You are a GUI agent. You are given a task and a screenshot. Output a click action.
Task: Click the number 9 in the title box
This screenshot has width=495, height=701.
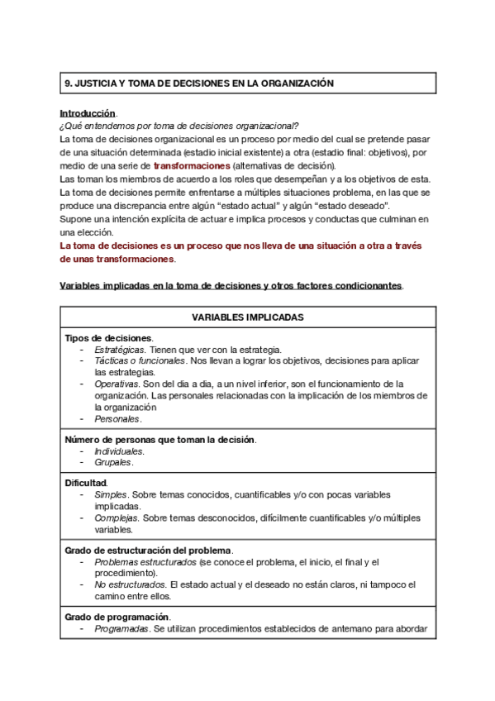(x=69, y=83)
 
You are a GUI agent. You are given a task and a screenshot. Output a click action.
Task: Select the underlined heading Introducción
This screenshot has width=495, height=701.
(x=88, y=112)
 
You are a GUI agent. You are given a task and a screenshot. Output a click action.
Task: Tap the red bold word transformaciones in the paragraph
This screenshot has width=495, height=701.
(x=192, y=165)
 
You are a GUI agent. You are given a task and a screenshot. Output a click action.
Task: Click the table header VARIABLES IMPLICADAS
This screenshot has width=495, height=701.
(x=248, y=317)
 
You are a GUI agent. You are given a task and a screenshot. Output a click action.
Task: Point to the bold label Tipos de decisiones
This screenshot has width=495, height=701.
(x=108, y=337)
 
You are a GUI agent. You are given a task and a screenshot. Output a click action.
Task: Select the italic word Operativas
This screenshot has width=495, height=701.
(x=116, y=384)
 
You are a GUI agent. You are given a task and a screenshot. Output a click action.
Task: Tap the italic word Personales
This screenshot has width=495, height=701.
(x=117, y=418)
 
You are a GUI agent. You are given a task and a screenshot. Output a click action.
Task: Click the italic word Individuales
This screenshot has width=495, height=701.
(x=119, y=451)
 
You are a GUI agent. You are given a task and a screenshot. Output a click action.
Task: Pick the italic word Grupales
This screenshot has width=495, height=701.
(x=112, y=462)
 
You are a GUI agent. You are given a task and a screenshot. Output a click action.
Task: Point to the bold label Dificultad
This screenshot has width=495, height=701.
(x=85, y=482)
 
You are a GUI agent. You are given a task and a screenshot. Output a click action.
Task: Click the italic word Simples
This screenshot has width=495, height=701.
(x=110, y=494)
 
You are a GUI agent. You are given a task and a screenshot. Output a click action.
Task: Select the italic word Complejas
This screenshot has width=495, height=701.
(x=115, y=517)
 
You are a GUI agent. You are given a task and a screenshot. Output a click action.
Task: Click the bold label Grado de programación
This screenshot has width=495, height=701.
(x=117, y=617)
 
